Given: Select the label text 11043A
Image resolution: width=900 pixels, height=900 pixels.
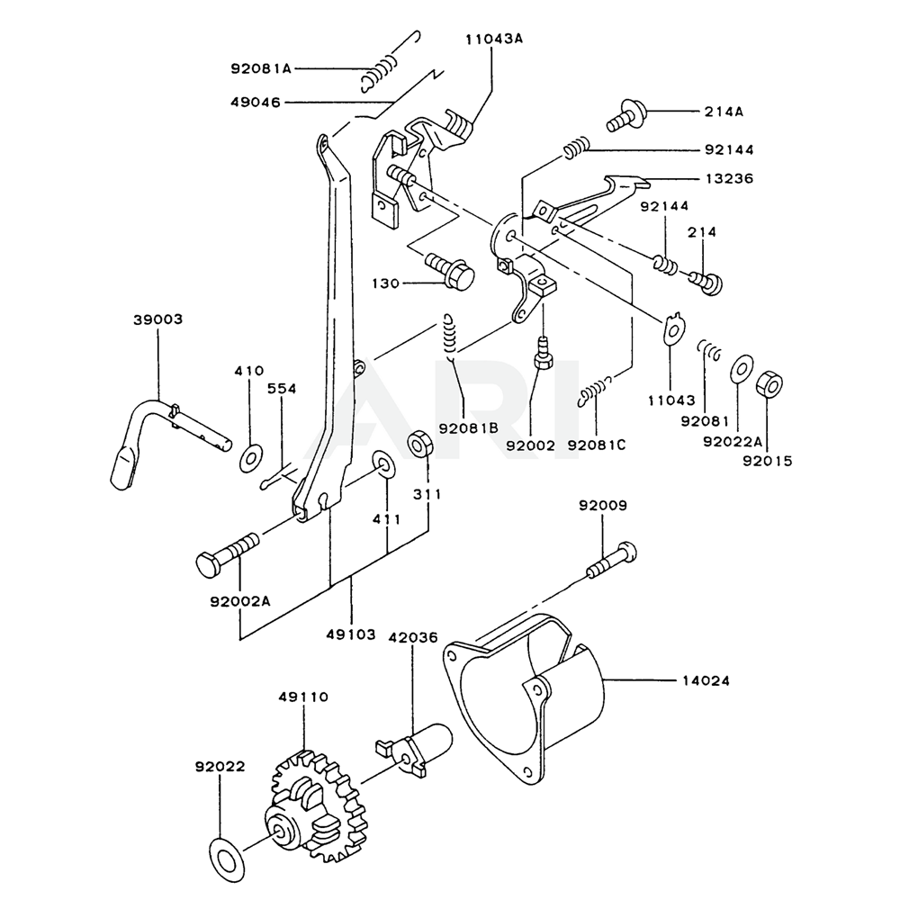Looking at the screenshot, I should [493, 40].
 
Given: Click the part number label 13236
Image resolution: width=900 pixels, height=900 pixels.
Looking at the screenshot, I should [729, 178].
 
